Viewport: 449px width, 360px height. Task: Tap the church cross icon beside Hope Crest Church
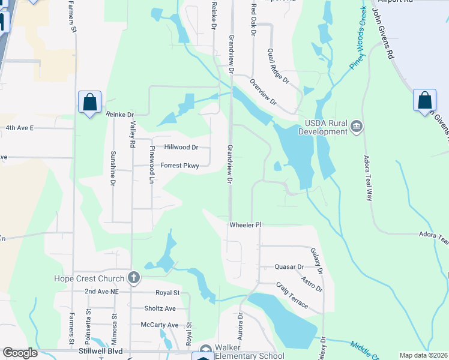pyautogui.click(x=134, y=278)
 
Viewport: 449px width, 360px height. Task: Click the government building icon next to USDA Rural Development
pyautogui.click(x=357, y=125)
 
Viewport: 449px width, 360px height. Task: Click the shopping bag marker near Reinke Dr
pyautogui.click(x=89, y=103)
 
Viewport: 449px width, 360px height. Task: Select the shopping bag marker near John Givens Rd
pyautogui.click(x=424, y=100)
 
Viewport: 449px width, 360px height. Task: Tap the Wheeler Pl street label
pyautogui.click(x=246, y=225)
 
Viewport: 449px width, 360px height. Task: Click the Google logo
pyautogui.click(x=20, y=353)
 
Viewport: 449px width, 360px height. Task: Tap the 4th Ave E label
pyautogui.click(x=20, y=128)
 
